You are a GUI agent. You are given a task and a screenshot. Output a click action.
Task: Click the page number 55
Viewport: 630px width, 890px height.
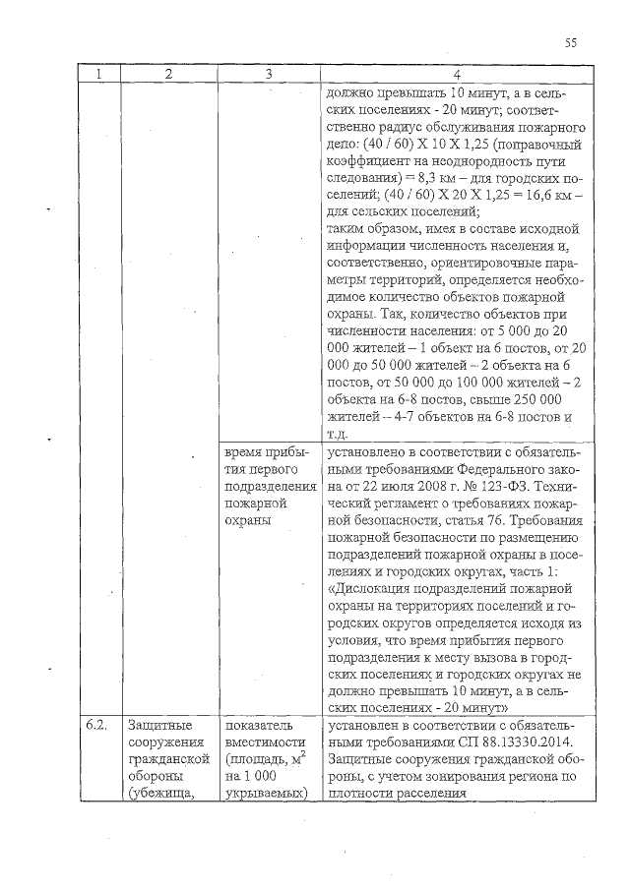571,42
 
